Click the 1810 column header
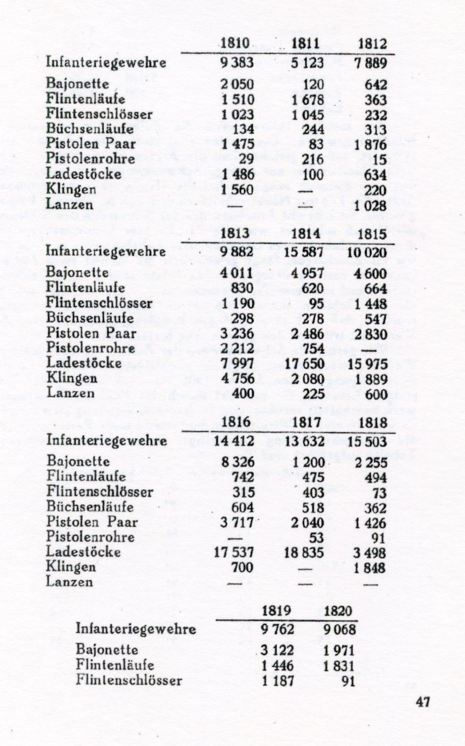pos(235,43)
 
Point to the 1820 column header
pos(339,611)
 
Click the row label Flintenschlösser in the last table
pos(129,681)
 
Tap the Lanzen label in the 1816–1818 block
pos(69,583)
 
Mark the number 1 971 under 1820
pos(339,651)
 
